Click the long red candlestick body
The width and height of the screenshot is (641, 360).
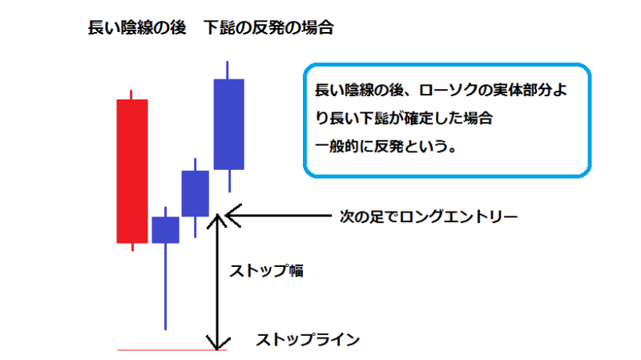click(132, 171)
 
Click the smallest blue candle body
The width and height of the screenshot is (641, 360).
click(166, 230)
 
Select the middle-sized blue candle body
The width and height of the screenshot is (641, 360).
click(196, 193)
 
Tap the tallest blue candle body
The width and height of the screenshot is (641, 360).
click(229, 124)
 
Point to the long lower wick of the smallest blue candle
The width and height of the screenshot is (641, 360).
click(166, 286)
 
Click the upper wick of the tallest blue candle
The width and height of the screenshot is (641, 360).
click(228, 70)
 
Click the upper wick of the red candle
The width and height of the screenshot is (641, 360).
click(131, 95)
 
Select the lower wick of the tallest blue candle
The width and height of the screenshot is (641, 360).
click(230, 181)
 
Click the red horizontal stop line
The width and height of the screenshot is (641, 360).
click(171, 350)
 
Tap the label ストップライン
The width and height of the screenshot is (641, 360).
click(308, 339)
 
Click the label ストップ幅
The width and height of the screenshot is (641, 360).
click(267, 271)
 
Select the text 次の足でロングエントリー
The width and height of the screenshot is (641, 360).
click(429, 216)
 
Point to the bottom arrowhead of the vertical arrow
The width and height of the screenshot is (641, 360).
click(217, 349)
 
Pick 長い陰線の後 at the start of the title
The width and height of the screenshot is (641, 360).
click(137, 28)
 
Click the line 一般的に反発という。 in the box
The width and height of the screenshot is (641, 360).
click(386, 146)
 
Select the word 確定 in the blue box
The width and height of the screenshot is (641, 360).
click(418, 118)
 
